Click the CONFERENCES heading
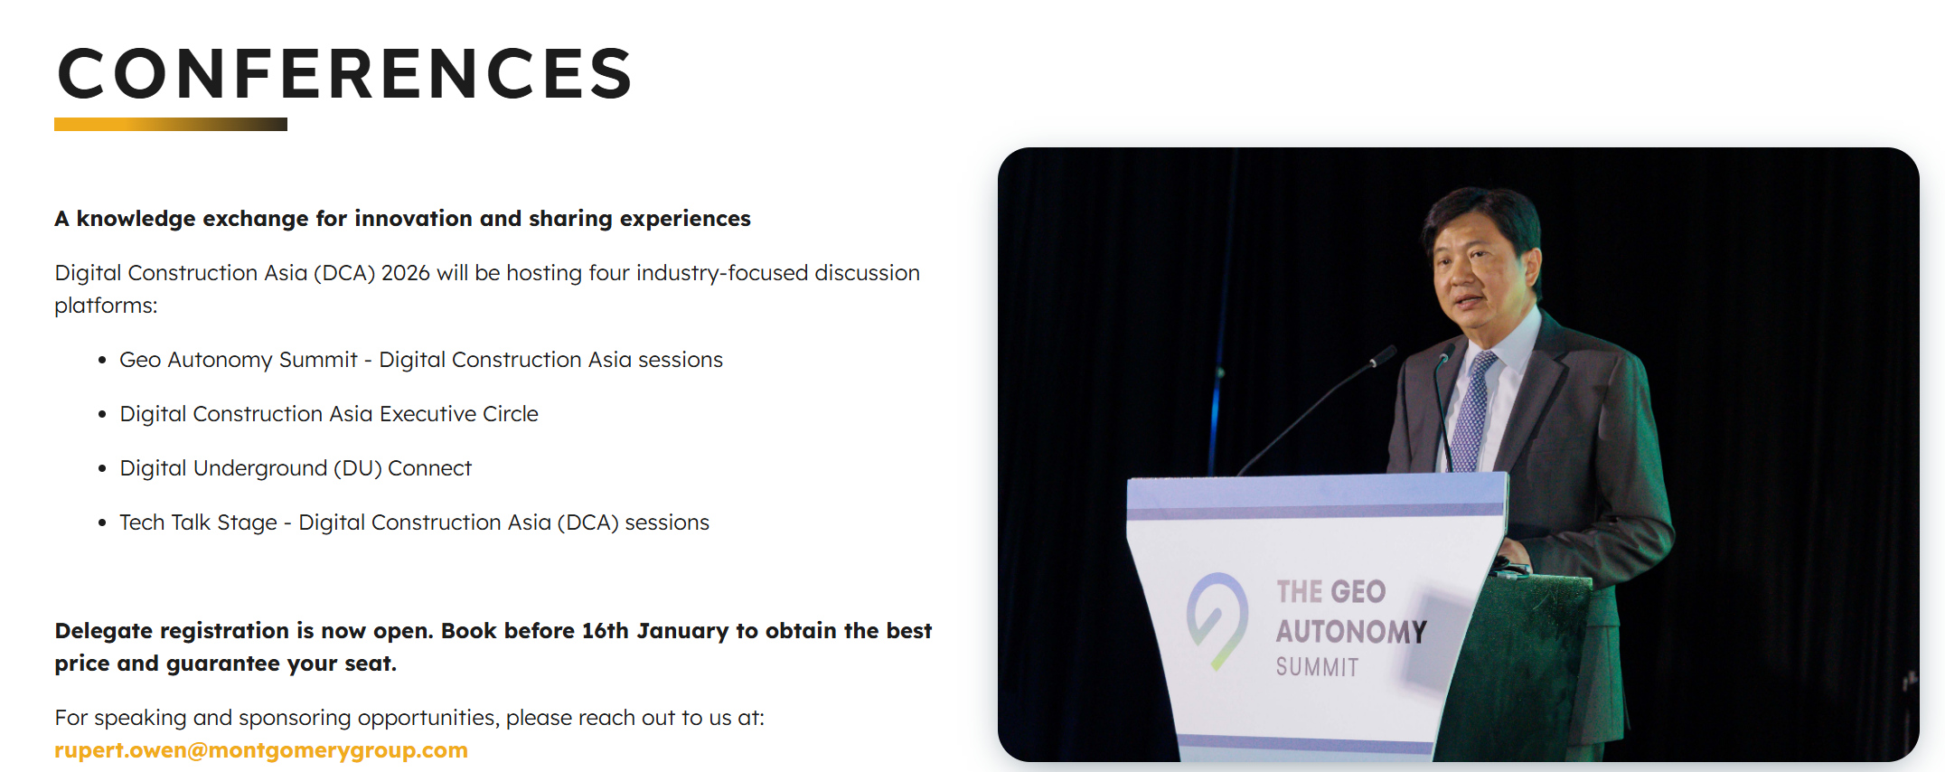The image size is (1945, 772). pos(344,73)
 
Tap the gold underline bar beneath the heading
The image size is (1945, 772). pos(171,125)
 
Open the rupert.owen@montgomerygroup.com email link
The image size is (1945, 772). pos(261,750)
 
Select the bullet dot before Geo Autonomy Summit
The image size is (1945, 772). pos(102,360)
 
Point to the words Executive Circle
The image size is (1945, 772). pos(459,414)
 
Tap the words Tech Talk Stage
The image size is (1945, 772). pos(198,523)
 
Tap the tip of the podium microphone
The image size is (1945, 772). pos(1383,356)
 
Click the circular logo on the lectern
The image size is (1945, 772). pos(1217,620)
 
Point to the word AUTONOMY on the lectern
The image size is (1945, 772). pos(1351,631)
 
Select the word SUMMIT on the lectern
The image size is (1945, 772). pos(1317,667)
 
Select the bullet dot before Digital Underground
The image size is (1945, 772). pos(102,468)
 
